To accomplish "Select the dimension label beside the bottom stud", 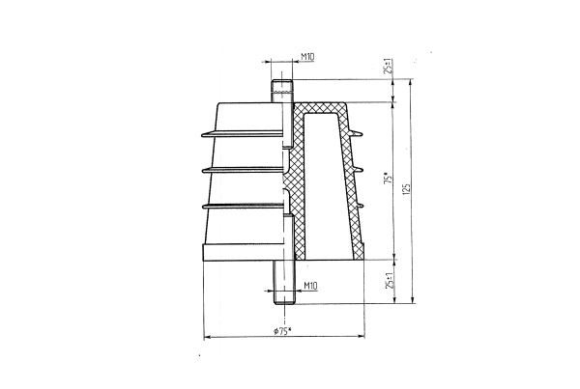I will tap(309, 286).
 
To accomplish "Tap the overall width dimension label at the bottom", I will tap(283, 332).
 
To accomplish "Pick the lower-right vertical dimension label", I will tap(387, 283).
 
